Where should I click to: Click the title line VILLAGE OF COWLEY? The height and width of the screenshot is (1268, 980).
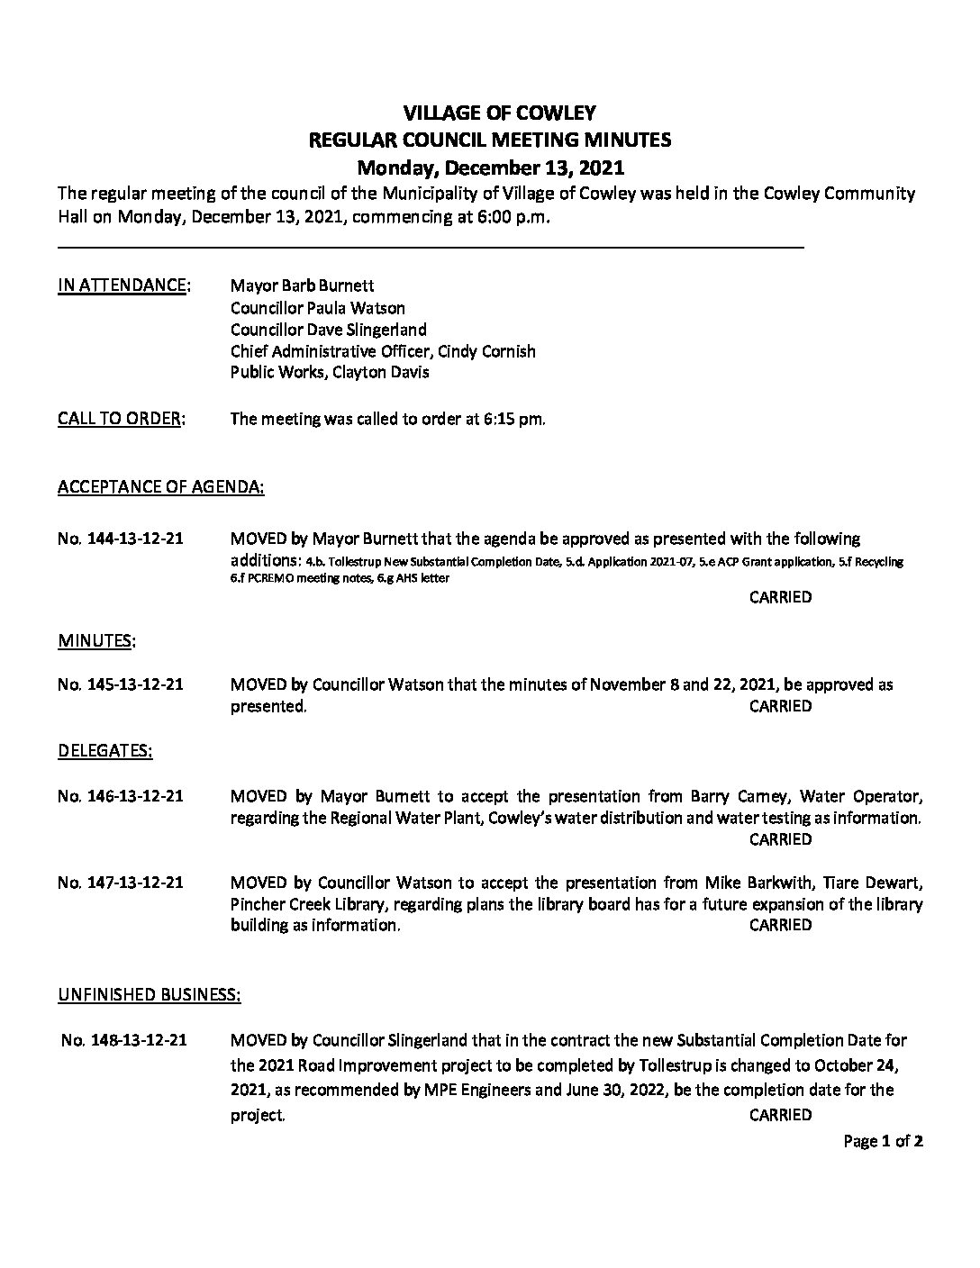(x=489, y=113)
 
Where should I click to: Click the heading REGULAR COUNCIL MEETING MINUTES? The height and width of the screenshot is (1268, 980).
(x=489, y=140)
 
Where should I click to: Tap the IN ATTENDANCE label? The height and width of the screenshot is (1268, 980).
(x=123, y=285)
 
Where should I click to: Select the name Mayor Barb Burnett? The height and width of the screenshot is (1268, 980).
(x=294, y=286)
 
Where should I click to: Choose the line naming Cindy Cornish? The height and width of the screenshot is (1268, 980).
(x=383, y=351)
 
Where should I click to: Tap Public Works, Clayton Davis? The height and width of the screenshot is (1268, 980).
(x=330, y=372)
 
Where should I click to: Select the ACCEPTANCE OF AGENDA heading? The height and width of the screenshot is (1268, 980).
(x=161, y=487)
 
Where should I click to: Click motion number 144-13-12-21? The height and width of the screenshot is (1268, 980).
(x=121, y=539)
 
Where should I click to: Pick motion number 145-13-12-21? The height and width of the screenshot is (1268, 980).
(x=121, y=684)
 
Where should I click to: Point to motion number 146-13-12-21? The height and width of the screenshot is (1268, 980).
(x=121, y=796)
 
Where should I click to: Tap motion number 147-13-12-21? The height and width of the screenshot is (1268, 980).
(x=121, y=882)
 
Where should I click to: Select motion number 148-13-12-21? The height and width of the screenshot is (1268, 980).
(x=124, y=1040)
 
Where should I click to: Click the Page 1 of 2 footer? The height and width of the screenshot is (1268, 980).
(x=883, y=1142)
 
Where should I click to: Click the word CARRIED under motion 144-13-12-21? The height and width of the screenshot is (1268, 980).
(x=780, y=597)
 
